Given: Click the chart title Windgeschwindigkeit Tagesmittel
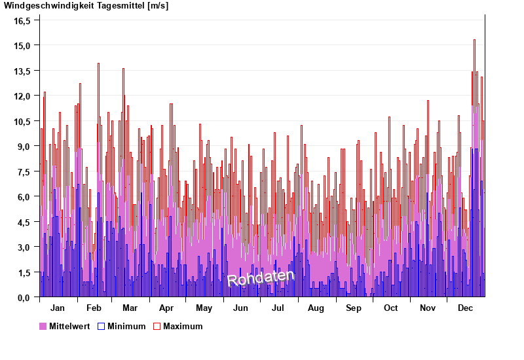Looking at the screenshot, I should pyautogui.click(x=85, y=6).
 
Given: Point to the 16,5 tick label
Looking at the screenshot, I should pyautogui.click(x=22, y=20).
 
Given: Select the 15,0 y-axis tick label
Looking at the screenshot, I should pyautogui.click(x=22, y=46).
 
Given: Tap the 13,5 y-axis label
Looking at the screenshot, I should pyautogui.click(x=22, y=71).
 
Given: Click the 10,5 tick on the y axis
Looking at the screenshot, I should pyautogui.click(x=22, y=121).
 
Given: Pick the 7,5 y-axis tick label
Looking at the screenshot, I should pyautogui.click(x=22, y=171).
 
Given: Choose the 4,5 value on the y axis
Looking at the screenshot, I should pyautogui.click(x=22, y=222).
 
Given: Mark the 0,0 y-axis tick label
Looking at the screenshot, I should pyautogui.click(x=22, y=298).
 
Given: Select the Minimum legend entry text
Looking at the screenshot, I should pyautogui.click(x=126, y=327).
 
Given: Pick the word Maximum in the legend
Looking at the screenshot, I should pyautogui.click(x=183, y=327).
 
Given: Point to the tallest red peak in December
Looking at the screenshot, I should pyautogui.click(x=474, y=41).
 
